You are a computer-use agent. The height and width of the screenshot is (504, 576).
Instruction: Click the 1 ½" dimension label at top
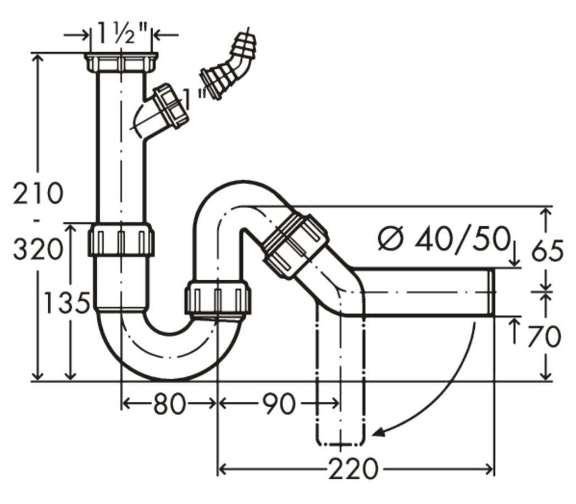(120, 34)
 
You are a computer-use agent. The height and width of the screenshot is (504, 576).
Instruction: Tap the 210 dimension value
(38, 193)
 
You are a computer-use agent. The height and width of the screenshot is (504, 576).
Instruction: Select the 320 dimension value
(38, 250)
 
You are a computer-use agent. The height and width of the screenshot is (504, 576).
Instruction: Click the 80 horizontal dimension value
(169, 404)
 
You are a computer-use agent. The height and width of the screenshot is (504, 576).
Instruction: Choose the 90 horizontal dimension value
(279, 404)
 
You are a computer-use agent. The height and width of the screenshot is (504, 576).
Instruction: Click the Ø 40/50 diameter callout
(445, 239)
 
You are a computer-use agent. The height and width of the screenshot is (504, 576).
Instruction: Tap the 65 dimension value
(547, 251)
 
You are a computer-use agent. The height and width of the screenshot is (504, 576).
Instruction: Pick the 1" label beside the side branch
(196, 98)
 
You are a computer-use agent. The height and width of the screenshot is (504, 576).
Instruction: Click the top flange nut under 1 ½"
(121, 62)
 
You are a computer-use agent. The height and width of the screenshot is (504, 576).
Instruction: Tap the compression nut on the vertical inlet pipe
(121, 240)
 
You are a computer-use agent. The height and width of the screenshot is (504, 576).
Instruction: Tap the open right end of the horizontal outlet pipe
(491, 292)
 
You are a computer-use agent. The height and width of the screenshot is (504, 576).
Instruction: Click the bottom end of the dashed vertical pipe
(340, 444)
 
